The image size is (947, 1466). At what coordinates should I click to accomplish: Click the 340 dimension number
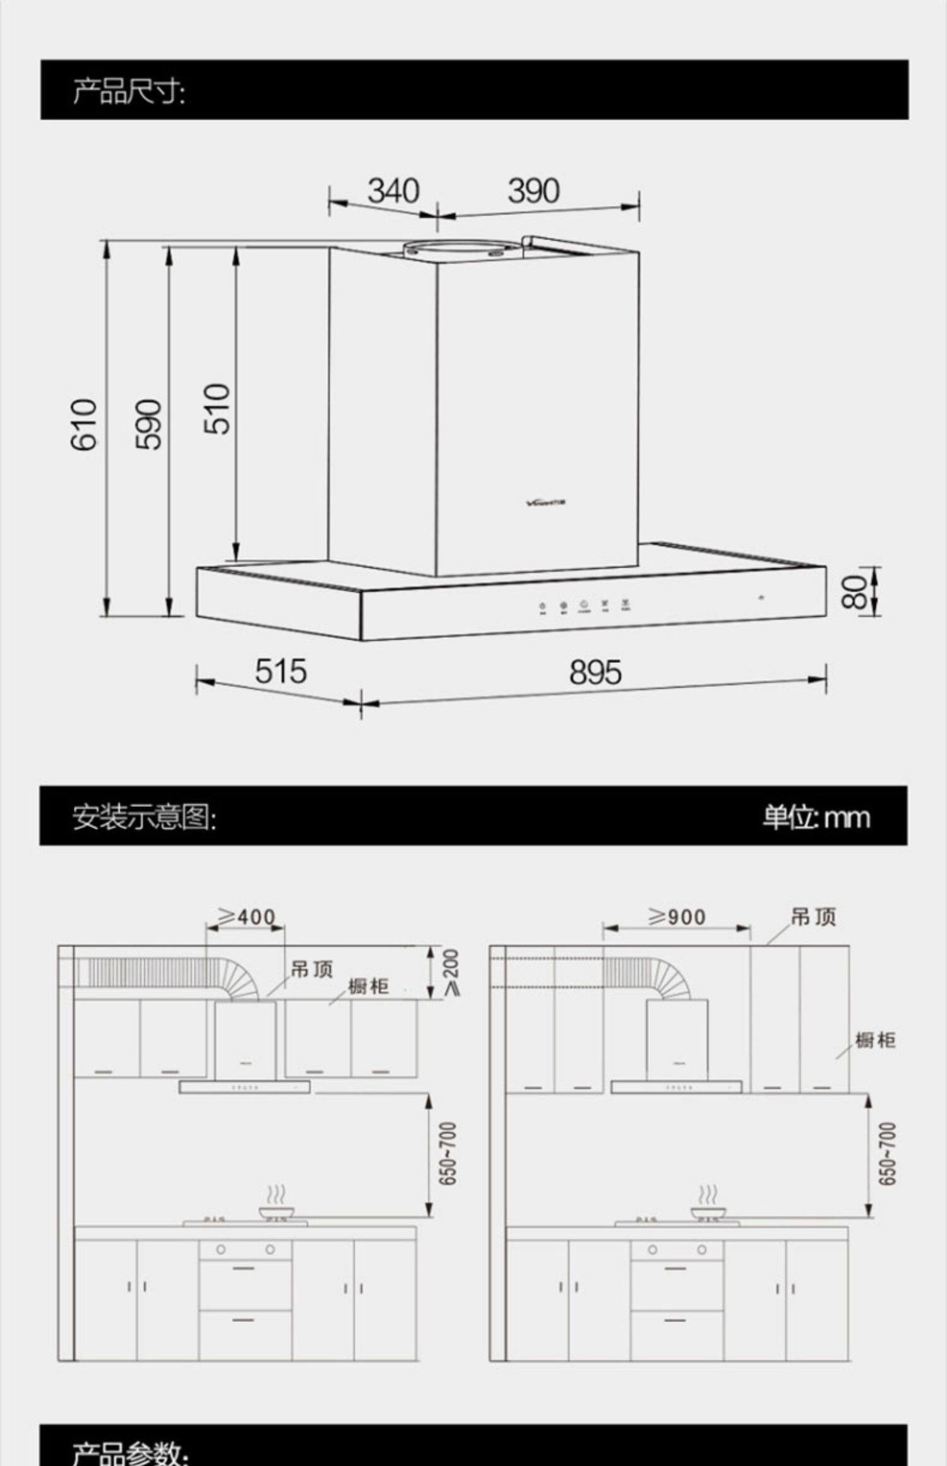tap(393, 191)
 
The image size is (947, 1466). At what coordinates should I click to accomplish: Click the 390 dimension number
tap(533, 191)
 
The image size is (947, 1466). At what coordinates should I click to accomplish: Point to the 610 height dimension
tap(84, 425)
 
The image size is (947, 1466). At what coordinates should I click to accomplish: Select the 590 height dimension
tap(149, 425)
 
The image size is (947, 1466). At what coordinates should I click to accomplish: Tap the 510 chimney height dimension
tap(217, 408)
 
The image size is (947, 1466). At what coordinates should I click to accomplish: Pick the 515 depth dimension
tap(281, 671)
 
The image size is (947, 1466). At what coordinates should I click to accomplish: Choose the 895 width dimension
tap(595, 672)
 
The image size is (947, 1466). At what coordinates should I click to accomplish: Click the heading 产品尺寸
tap(129, 92)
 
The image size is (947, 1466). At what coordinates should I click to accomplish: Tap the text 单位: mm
tap(816, 818)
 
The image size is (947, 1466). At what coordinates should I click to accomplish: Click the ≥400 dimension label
tap(247, 916)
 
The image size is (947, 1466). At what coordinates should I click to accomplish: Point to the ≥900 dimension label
tap(677, 917)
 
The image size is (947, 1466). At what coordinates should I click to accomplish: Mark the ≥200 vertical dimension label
tap(451, 972)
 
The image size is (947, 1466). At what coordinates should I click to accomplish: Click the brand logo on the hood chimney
tap(547, 503)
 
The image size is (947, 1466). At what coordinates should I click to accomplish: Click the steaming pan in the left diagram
tap(277, 1211)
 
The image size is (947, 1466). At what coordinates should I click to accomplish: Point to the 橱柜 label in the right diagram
tap(875, 1040)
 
